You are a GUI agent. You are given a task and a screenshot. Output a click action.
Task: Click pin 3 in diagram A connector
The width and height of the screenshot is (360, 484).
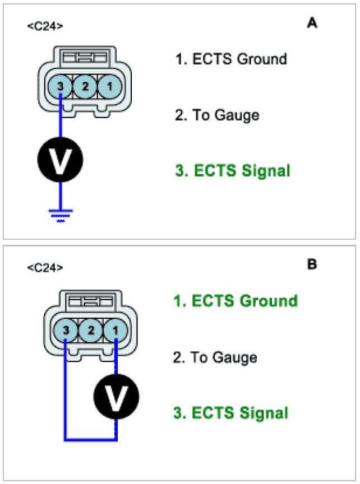click(x=61, y=86)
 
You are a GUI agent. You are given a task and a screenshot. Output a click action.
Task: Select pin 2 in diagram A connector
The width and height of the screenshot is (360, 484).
click(x=85, y=86)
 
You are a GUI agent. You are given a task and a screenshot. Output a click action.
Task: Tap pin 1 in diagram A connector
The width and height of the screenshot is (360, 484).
click(x=109, y=86)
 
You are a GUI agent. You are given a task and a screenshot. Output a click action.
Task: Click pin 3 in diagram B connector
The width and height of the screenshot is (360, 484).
click(x=66, y=331)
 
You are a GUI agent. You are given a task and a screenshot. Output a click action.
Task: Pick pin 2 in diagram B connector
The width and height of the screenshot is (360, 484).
click(x=91, y=331)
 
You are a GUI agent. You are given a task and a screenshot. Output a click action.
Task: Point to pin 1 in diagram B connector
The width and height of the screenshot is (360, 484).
click(x=116, y=331)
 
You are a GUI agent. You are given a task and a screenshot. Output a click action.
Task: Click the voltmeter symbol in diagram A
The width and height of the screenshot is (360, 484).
click(x=61, y=160)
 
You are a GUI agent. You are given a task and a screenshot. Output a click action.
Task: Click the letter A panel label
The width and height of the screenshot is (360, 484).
click(x=312, y=23)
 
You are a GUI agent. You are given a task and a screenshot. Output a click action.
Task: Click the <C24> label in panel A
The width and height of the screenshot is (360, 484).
click(x=45, y=26)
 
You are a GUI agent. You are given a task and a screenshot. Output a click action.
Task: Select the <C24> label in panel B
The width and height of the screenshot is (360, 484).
click(x=45, y=268)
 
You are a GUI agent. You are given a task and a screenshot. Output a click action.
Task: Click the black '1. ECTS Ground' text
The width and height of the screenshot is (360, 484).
click(x=231, y=59)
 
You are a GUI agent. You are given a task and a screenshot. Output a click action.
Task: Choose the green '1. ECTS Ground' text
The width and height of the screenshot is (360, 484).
click(x=236, y=301)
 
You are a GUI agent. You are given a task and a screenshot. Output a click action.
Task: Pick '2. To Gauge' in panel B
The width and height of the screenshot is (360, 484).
click(x=215, y=357)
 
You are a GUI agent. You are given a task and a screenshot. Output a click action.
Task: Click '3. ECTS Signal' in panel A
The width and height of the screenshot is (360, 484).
click(x=233, y=171)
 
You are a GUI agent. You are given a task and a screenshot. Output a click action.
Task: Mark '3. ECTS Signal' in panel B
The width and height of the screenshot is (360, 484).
click(x=231, y=414)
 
